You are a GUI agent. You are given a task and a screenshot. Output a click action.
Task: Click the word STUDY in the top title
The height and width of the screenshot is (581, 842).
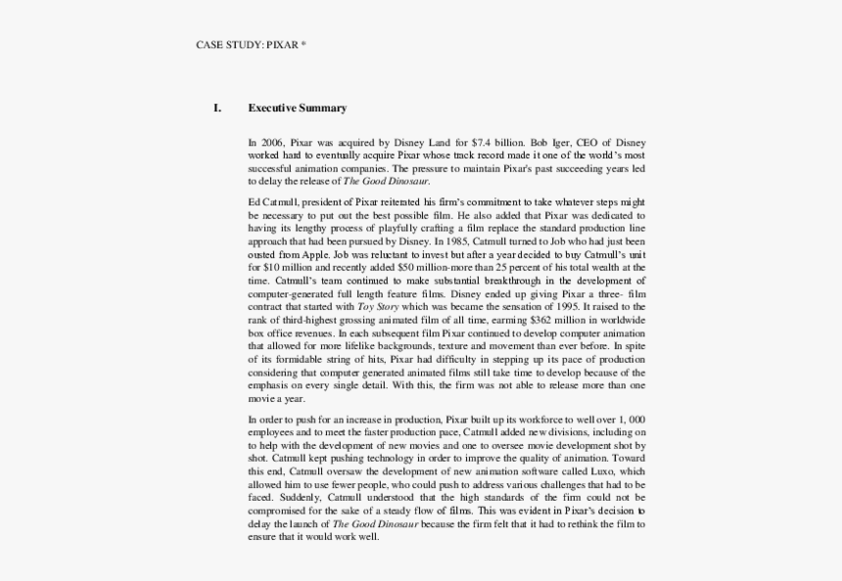click(x=245, y=45)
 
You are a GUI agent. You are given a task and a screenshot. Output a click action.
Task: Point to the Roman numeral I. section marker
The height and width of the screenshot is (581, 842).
click(x=217, y=109)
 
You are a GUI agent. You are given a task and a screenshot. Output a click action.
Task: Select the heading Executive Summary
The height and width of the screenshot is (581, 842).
click(x=297, y=109)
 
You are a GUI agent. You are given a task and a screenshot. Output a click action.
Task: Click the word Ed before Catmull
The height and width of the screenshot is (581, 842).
click(x=255, y=201)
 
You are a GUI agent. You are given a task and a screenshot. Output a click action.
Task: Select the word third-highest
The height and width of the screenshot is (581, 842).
click(x=304, y=320)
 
